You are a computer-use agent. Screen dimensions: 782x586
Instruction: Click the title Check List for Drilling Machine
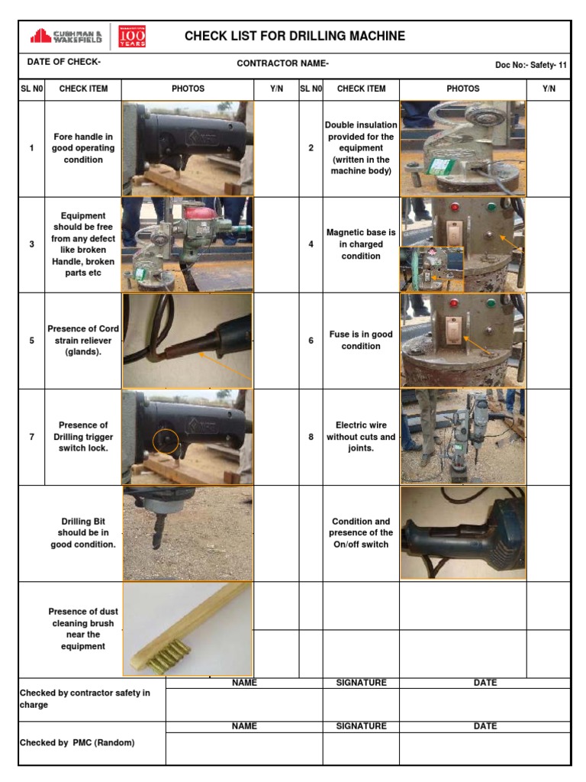[295, 36]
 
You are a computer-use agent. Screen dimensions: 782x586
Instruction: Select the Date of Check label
[63, 63]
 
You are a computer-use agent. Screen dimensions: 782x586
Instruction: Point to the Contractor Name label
[282, 63]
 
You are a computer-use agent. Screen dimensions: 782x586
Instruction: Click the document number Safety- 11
[531, 65]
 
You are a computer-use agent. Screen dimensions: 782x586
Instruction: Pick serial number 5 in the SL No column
[31, 341]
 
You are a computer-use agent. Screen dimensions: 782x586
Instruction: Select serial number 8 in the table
[311, 437]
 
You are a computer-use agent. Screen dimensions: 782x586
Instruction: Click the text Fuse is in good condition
[361, 340]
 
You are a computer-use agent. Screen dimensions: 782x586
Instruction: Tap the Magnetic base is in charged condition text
[361, 244]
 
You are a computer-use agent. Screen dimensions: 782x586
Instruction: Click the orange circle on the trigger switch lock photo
[166, 440]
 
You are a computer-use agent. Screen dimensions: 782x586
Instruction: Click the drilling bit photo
[188, 533]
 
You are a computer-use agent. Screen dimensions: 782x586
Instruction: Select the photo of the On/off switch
[463, 533]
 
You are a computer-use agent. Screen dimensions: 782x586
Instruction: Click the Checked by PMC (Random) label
[77, 742]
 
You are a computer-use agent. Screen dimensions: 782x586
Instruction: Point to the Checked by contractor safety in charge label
[85, 699]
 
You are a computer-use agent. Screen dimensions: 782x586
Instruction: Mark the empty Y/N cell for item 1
[276, 148]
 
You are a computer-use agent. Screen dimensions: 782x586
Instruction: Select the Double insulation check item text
[361, 148]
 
